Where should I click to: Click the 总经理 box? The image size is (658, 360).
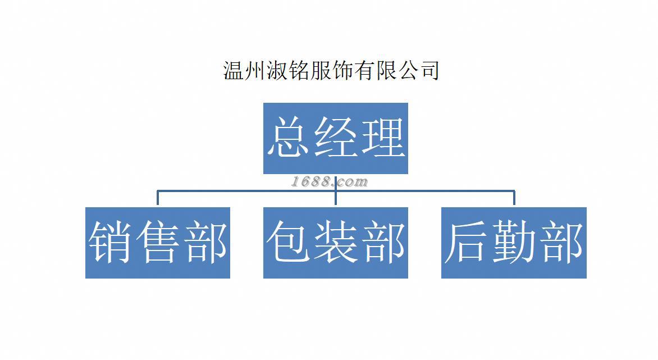[335, 138]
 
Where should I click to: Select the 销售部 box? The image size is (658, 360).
[158, 243]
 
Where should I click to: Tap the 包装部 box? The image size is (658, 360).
[335, 243]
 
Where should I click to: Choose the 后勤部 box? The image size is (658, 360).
[514, 243]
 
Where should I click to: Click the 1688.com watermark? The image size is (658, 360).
[330, 181]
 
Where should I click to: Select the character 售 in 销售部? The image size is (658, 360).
[158, 243]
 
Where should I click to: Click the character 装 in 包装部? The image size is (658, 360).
[335, 243]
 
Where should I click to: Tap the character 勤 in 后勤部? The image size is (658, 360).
[514, 243]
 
